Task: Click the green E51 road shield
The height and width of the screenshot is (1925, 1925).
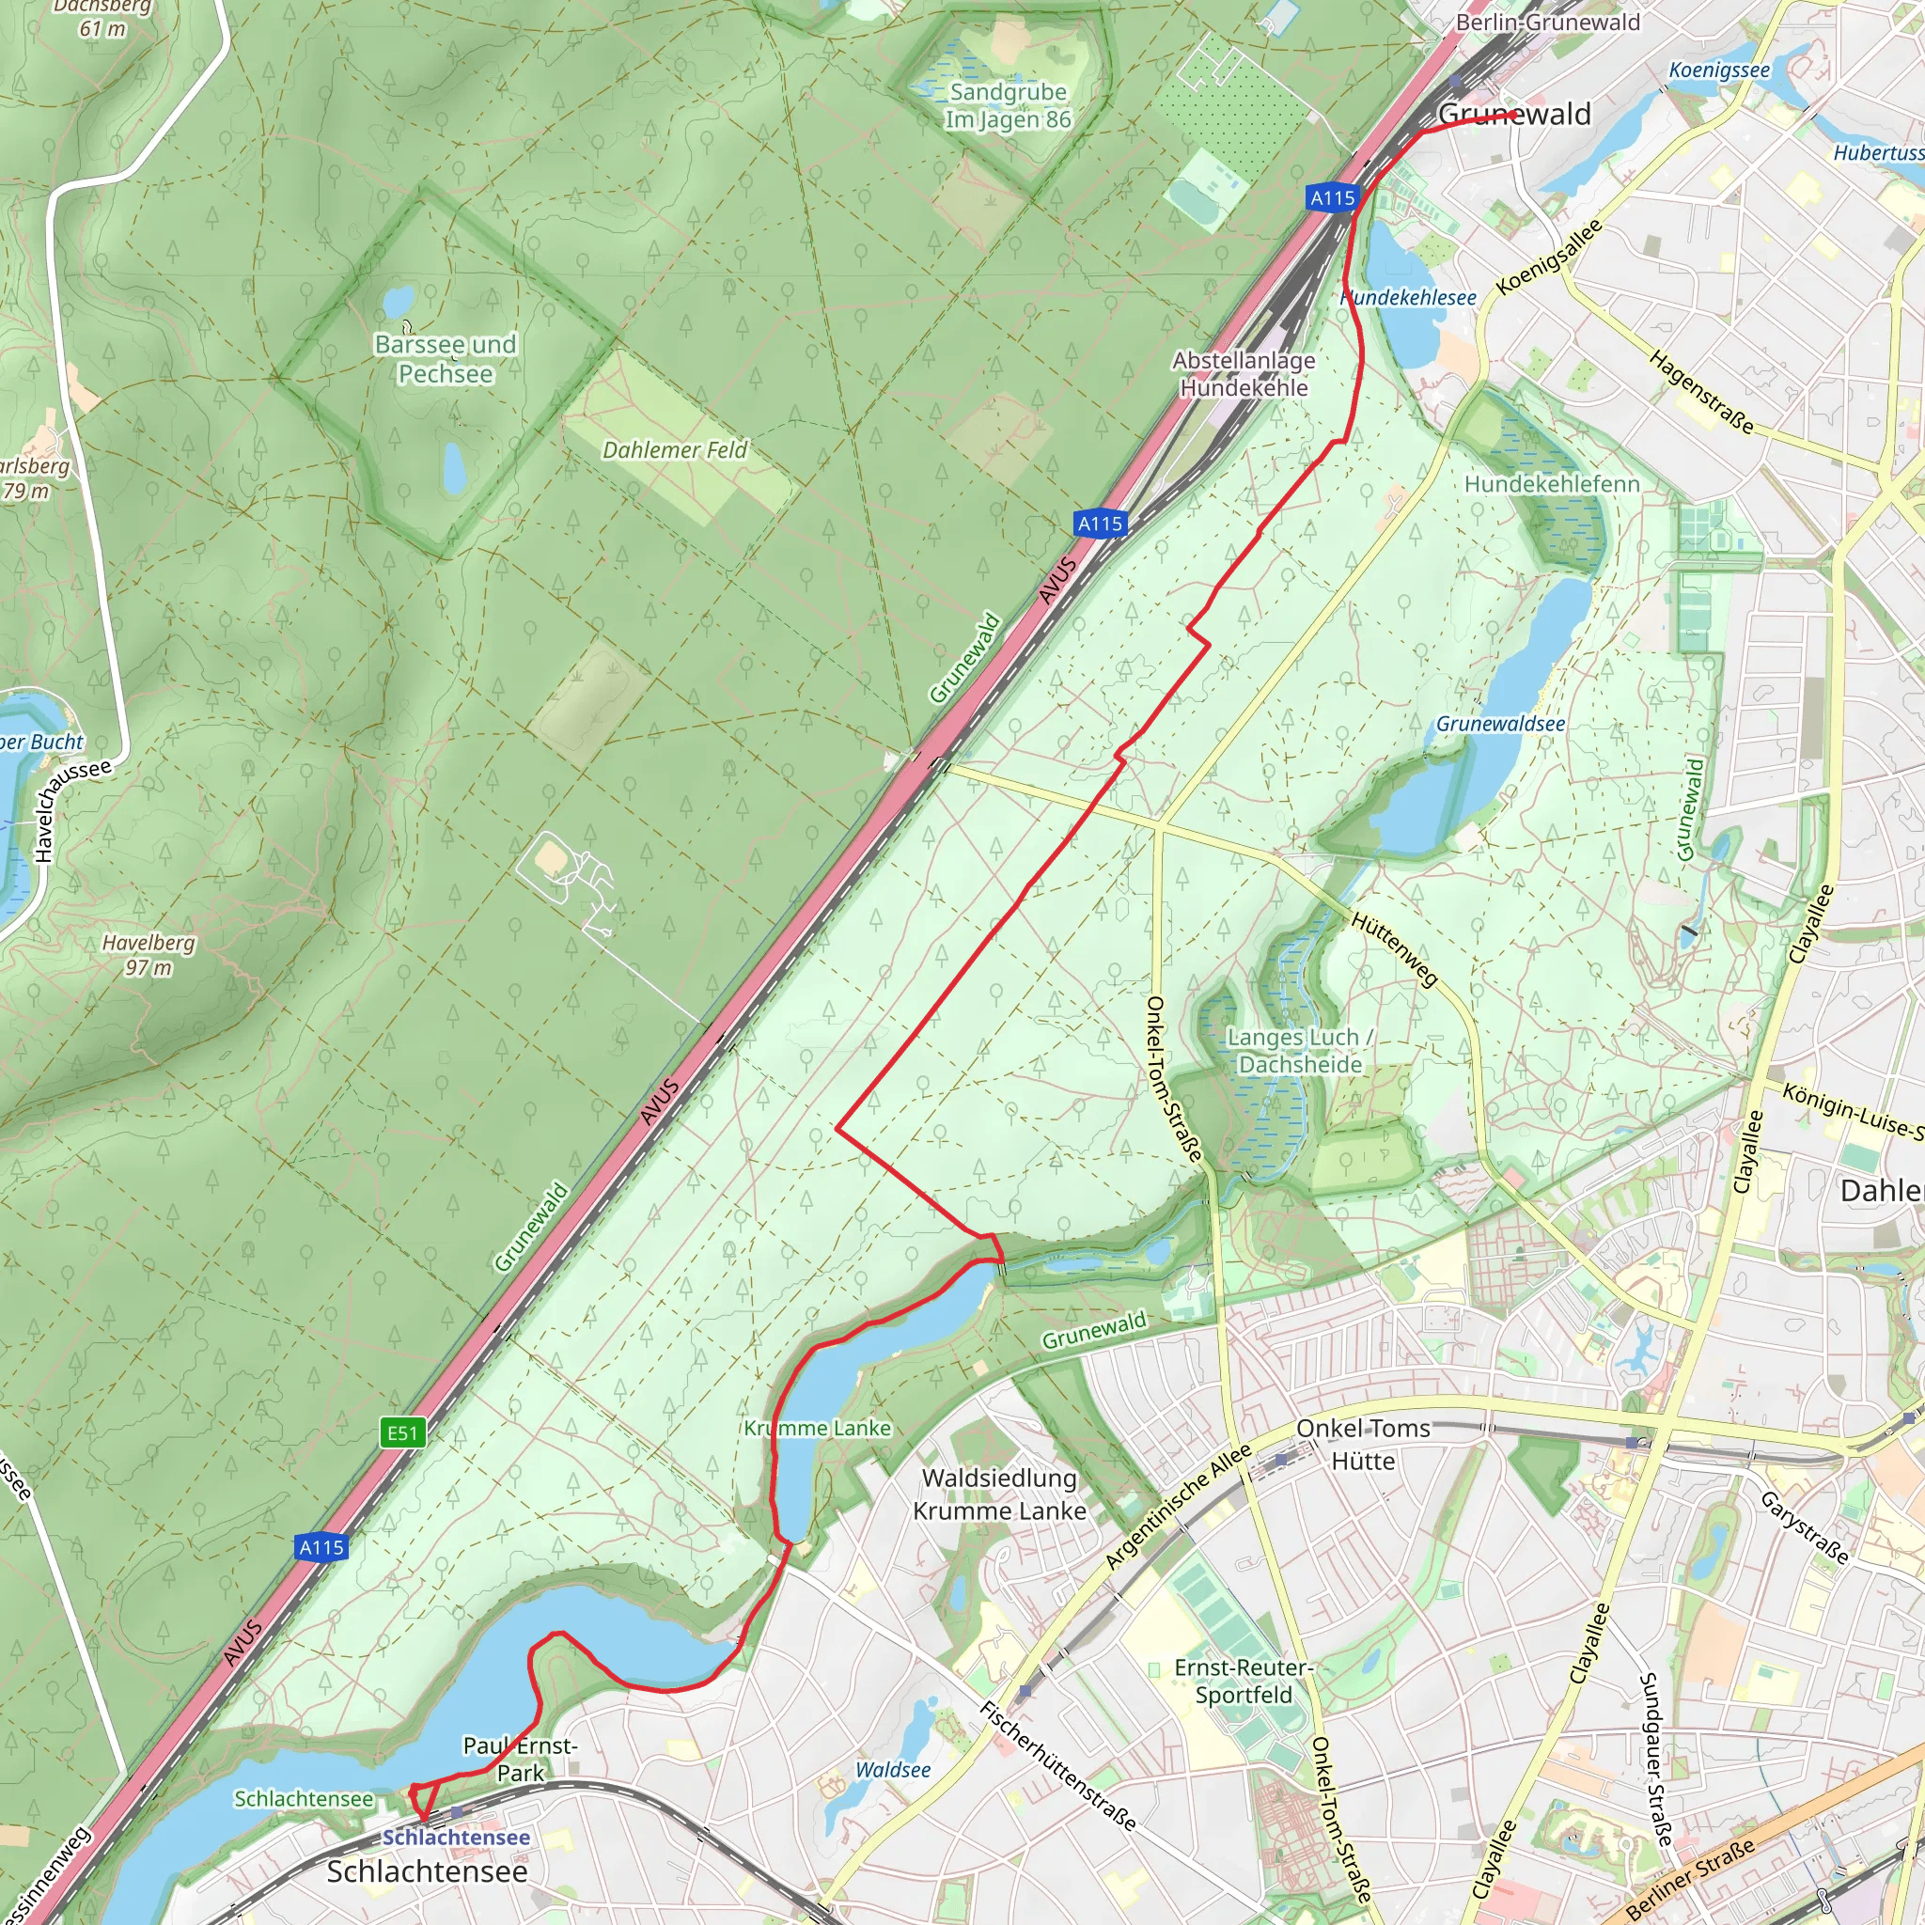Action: [x=402, y=1432]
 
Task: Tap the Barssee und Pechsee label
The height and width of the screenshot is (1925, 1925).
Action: [x=446, y=359]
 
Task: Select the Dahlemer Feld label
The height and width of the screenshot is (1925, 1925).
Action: [x=675, y=450]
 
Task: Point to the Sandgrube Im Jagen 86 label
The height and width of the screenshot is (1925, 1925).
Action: [x=1008, y=105]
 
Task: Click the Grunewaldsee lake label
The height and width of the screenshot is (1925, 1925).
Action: [x=1499, y=725]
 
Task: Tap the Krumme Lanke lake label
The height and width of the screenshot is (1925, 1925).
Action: [x=817, y=1428]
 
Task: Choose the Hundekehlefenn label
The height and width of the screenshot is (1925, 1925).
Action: [x=1551, y=484]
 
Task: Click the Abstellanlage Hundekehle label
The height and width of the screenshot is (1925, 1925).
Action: [x=1244, y=374]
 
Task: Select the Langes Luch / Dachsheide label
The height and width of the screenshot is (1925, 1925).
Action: [x=1299, y=1051]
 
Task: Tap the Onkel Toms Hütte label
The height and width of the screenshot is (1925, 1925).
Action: [x=1363, y=1444]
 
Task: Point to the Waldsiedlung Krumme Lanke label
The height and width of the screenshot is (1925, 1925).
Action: [x=999, y=1494]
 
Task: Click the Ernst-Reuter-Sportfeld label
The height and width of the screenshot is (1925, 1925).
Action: [x=1244, y=1681]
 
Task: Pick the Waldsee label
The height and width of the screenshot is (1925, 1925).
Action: [x=893, y=1770]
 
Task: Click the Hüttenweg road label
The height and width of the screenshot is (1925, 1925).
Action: [x=1395, y=948]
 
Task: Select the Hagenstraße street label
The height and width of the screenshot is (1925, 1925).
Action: [x=1700, y=392]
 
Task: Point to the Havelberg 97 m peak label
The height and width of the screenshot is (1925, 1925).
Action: [x=149, y=955]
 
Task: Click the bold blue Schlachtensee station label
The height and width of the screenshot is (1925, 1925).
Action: [x=456, y=1837]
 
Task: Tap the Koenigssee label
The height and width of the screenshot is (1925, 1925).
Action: [x=1719, y=70]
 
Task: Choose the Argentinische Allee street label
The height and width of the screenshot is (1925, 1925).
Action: [x=1178, y=1507]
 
